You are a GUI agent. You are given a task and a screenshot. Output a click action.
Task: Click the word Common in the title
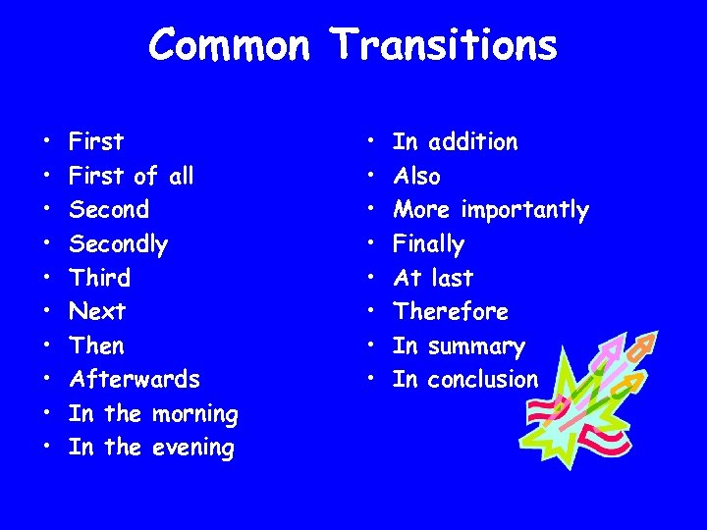coord(230,45)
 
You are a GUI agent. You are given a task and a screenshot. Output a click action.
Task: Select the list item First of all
coord(131,176)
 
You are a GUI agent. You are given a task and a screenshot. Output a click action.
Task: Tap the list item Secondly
coord(118,243)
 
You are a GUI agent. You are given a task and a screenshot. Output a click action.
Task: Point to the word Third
coord(99,278)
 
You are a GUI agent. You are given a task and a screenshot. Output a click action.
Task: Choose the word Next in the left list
coord(97,311)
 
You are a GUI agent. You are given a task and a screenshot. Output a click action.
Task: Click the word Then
coord(96,345)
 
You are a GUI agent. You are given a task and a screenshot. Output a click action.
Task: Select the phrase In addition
coord(455,142)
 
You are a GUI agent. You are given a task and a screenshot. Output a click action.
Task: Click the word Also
coord(416,177)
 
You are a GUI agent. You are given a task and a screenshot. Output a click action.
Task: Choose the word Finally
coord(428,243)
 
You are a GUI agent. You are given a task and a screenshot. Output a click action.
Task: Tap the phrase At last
coord(432,278)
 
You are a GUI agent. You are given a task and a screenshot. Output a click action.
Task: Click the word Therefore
coord(450,311)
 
